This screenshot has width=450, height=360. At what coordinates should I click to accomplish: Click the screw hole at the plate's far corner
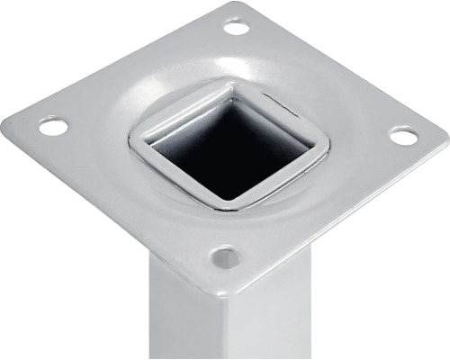(236, 27)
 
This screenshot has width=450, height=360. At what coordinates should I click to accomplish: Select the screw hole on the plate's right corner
(403, 136)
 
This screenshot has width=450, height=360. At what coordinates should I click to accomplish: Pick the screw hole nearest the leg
(225, 258)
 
